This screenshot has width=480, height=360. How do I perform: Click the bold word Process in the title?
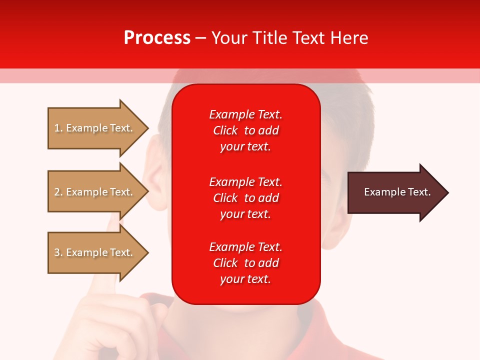[157, 38]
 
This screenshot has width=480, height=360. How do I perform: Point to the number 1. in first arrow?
[58, 128]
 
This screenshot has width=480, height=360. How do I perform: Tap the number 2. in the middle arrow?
[58, 192]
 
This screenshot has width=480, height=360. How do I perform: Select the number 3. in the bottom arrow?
[58, 252]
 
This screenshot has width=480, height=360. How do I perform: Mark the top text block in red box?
[245, 130]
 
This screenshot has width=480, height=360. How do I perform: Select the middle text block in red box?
[245, 198]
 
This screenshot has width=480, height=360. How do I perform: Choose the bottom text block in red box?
[245, 263]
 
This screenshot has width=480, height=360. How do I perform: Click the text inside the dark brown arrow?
[397, 192]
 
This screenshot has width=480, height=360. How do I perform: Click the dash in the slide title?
[200, 38]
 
